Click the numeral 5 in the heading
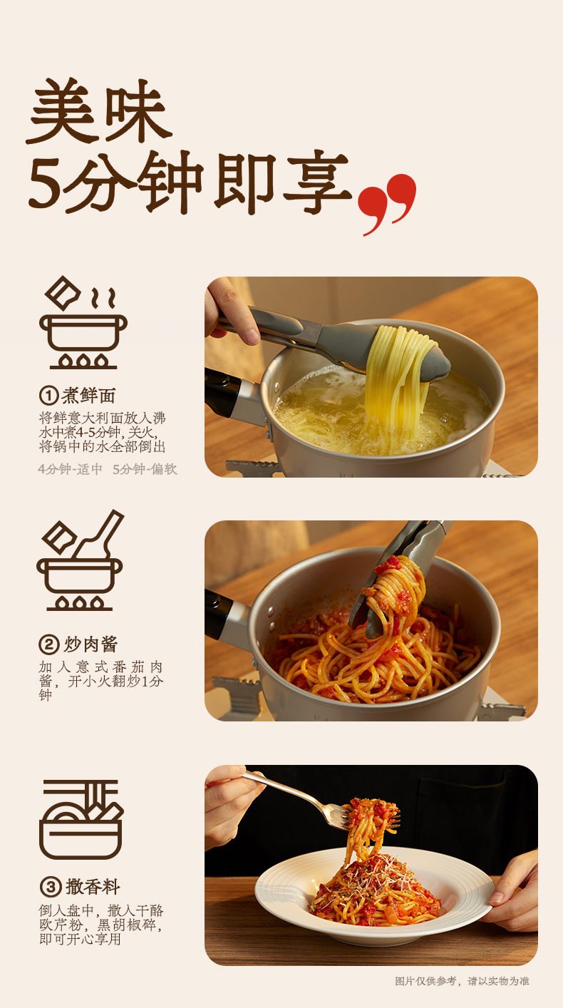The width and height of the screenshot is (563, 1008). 45,184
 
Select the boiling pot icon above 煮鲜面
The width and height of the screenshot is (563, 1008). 83,322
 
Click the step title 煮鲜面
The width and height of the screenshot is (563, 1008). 88,396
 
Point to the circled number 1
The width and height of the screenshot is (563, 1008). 49,396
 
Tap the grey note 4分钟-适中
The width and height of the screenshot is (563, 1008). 71,469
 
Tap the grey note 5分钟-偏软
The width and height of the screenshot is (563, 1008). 145,469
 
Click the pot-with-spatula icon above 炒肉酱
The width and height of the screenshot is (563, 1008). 80,560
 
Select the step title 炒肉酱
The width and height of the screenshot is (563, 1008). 91,644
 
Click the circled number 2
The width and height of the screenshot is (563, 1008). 49,644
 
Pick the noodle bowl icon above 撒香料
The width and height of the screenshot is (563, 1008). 81,819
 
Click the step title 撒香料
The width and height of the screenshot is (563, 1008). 93,888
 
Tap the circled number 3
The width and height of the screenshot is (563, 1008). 51,888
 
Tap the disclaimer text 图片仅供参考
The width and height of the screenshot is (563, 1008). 425,981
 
